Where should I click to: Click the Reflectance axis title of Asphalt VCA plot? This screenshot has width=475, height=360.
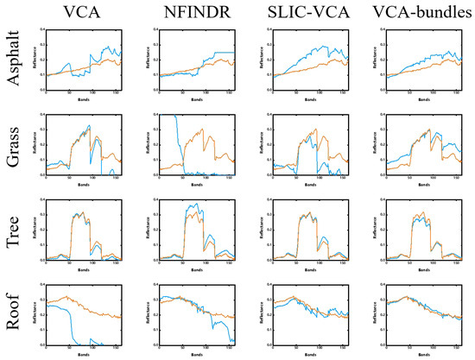[35, 61]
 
